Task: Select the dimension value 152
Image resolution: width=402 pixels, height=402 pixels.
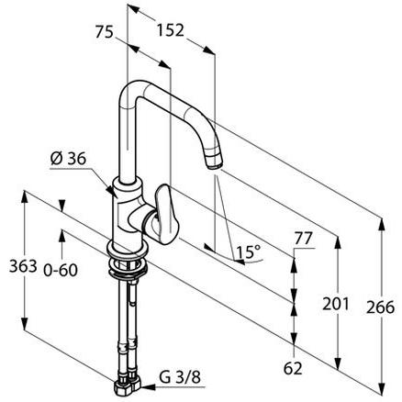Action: point(170,29)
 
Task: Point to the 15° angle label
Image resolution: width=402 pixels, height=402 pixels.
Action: point(249,250)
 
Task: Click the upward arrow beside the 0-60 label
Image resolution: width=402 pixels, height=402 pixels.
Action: point(61,237)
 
